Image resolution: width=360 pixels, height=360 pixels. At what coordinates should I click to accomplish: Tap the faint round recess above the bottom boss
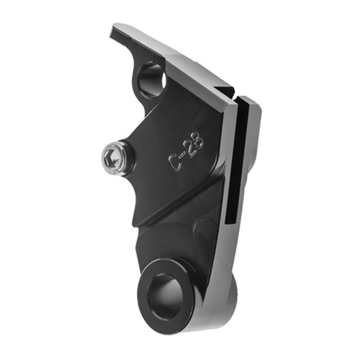coord(204,229)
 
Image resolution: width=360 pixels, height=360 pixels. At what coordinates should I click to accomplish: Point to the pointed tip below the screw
coord(136,224)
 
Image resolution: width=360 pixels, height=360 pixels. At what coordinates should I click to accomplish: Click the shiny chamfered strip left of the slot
coord(226,162)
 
